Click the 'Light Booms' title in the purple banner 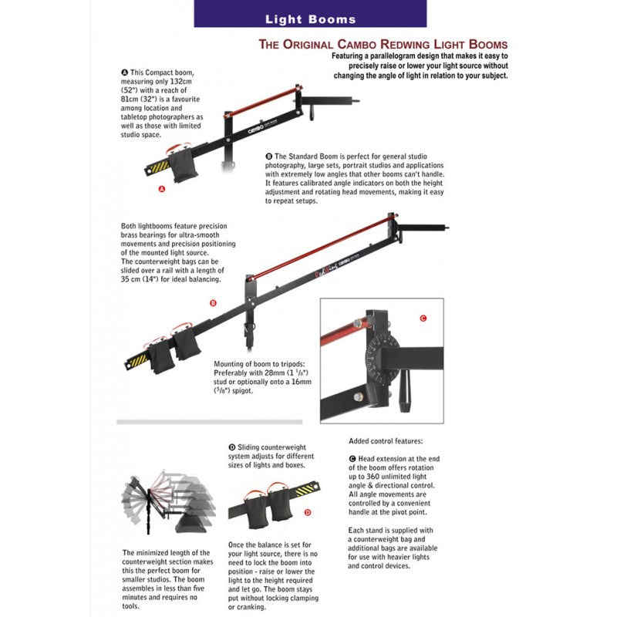(311, 19)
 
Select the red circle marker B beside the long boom (213, 303)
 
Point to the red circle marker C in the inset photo (422, 317)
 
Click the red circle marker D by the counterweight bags (308, 511)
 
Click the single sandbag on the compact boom (184, 167)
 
